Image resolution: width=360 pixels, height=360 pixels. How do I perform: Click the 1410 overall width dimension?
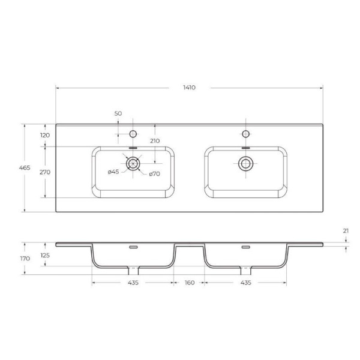(189, 88)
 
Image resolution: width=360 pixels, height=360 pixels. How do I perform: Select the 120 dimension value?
(44, 135)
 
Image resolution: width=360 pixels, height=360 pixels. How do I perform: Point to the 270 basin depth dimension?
(44, 172)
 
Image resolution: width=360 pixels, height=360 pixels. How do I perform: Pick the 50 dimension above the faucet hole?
(118, 113)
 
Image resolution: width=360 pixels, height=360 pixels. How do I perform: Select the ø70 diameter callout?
(154, 174)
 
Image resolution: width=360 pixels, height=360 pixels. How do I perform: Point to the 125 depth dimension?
(44, 255)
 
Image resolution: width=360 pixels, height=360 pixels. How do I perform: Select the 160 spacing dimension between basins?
(189, 282)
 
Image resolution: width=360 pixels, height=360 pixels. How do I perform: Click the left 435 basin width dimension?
(133, 282)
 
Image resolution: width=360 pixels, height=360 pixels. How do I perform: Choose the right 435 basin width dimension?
(245, 282)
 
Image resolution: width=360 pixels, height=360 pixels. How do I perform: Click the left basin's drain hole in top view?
(133, 163)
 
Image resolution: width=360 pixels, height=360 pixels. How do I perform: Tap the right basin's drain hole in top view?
(245, 163)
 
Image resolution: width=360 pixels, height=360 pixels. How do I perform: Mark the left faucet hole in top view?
(133, 133)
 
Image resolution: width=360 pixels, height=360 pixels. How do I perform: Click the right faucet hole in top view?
(245, 133)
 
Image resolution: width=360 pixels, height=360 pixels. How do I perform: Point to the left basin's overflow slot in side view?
(133, 247)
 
